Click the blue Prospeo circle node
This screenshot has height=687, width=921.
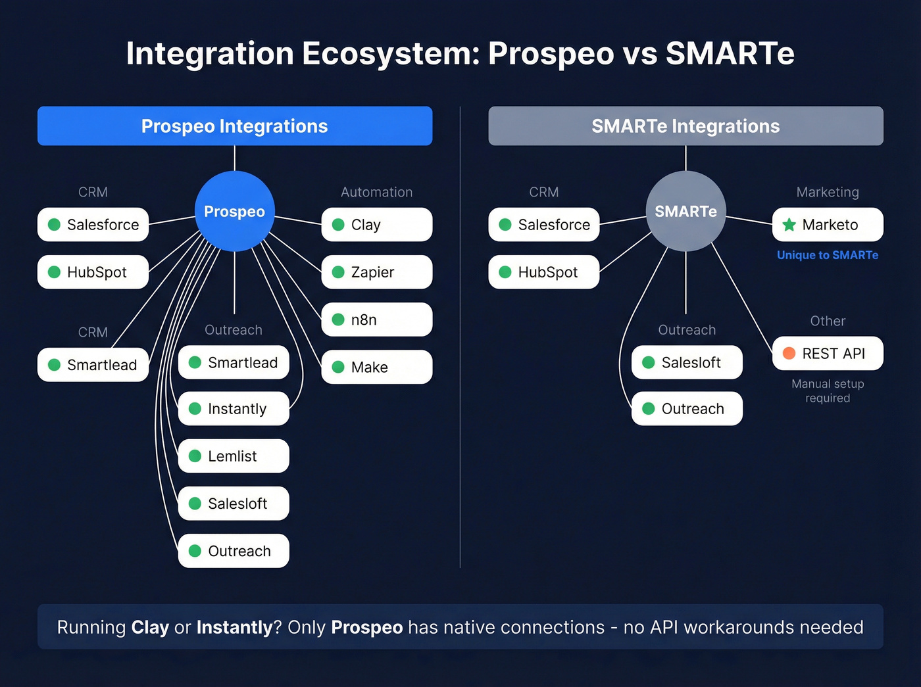[x=234, y=211]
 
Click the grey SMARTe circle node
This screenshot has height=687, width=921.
[x=685, y=211]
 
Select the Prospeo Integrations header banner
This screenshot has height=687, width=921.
[x=234, y=126]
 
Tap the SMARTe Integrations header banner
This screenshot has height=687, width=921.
[x=685, y=126]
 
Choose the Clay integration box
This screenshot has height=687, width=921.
[x=376, y=225]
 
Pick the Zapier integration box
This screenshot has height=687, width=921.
[x=376, y=272]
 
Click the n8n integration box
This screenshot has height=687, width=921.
[x=376, y=320]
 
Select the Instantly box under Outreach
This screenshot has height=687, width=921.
[x=234, y=409]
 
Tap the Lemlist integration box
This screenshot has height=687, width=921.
[x=234, y=456]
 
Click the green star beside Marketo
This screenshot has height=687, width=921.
[x=789, y=225]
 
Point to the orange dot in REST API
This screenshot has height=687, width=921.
[x=789, y=354]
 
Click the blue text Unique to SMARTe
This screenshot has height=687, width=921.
[x=827, y=255]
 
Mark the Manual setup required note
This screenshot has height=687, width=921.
[x=828, y=391]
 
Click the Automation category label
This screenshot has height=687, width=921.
[x=376, y=192]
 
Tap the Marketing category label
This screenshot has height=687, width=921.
[x=828, y=192]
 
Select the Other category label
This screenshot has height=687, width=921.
[x=828, y=321]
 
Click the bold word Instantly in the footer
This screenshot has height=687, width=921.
[x=234, y=627]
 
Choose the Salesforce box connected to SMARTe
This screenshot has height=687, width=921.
[x=543, y=225]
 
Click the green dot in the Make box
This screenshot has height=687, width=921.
[x=338, y=367]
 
